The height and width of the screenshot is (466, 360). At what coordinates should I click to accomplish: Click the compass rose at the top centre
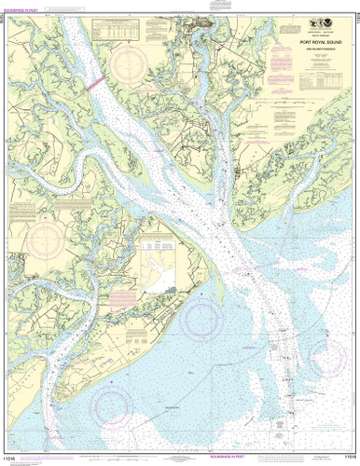tap(129, 63)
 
